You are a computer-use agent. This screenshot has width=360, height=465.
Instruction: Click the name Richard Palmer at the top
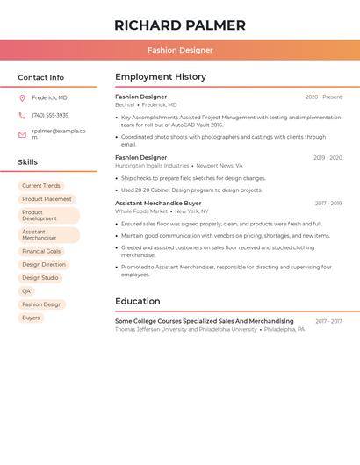tap(180, 25)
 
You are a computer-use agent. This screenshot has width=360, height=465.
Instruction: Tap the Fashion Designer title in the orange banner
tap(180, 51)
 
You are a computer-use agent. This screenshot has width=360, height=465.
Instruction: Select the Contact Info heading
tap(41, 77)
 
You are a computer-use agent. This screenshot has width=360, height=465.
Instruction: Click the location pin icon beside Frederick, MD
tap(22, 98)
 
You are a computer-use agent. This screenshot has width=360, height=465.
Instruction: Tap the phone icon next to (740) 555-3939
tap(22, 115)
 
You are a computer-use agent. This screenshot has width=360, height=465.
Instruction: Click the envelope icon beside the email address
tap(22, 134)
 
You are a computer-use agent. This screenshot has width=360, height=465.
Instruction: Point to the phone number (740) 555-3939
tap(50, 115)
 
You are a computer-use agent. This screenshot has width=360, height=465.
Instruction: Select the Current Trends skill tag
tap(41, 186)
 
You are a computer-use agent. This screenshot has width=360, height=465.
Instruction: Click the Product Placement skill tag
tap(47, 199)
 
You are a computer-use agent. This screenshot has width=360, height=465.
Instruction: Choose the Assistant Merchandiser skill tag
tap(48, 235)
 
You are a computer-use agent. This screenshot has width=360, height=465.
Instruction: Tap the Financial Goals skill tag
tap(41, 252)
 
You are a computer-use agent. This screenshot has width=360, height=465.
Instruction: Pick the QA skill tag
tap(26, 291)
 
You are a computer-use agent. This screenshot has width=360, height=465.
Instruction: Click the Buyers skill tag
tap(31, 318)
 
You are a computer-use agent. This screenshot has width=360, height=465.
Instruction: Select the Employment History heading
tap(160, 77)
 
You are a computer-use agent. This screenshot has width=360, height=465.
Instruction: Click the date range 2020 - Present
tap(323, 97)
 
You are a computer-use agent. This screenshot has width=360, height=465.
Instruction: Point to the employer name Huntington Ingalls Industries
tap(152, 166)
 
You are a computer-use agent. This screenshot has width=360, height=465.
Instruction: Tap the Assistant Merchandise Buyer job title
tap(158, 204)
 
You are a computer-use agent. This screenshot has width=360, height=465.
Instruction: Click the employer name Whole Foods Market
tap(141, 211)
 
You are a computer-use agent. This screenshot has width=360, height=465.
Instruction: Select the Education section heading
tap(137, 301)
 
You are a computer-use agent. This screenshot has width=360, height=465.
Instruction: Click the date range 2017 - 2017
tap(328, 322)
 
